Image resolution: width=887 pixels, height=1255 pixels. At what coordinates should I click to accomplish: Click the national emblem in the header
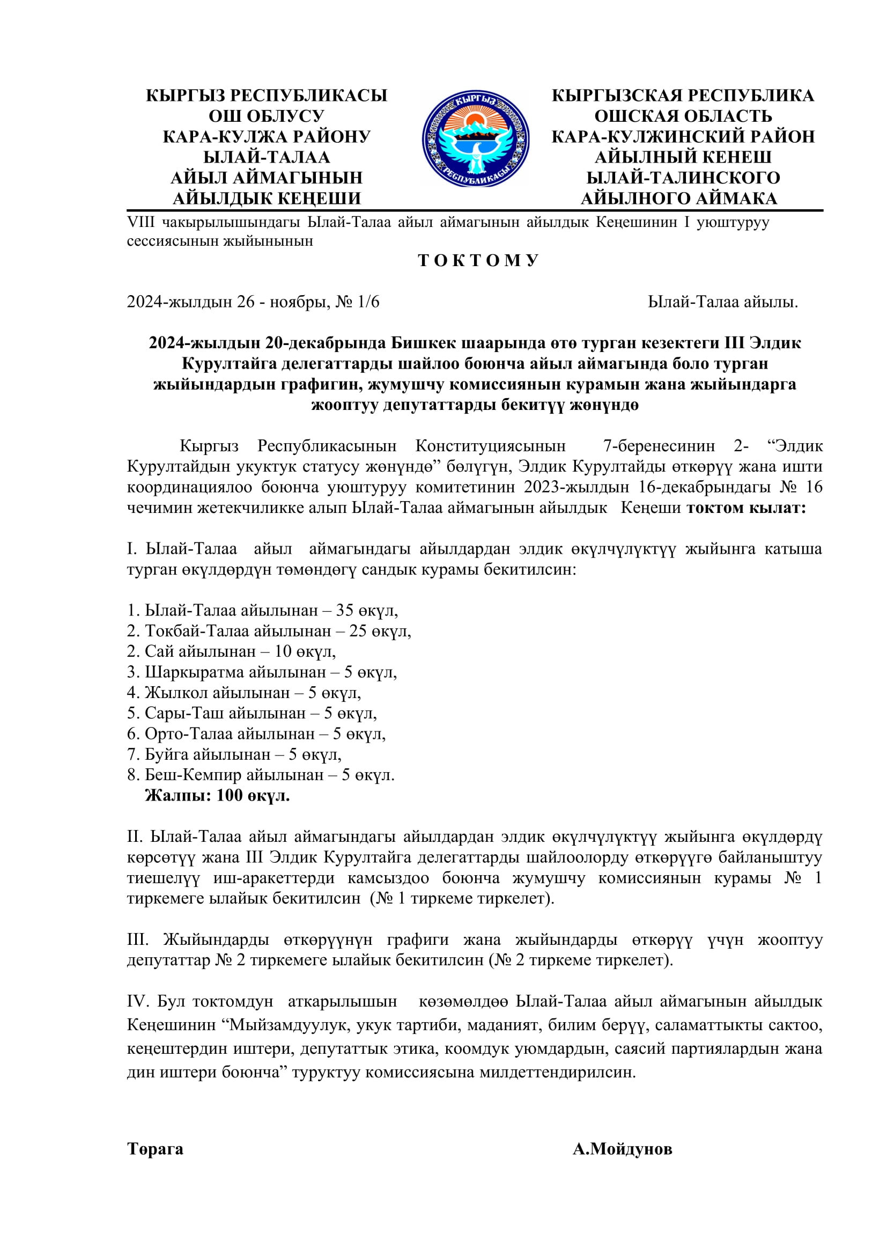coord(475,139)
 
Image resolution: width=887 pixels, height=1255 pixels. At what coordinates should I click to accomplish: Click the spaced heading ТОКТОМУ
coord(478,260)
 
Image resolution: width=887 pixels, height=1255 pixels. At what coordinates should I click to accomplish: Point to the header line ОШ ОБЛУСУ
coord(267,116)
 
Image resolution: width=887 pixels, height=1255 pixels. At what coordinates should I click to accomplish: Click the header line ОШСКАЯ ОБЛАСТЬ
coord(683,116)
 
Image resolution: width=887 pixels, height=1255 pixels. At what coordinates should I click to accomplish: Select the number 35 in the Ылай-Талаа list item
coord(345,610)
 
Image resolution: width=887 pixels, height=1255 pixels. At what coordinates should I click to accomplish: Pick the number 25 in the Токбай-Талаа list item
coord(358,631)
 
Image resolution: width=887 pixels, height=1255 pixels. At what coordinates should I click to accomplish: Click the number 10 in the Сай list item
coord(283,651)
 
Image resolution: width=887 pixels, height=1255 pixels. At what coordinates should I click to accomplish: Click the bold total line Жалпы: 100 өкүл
coord(217,795)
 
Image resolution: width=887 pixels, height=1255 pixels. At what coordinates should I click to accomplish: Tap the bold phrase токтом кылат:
coord(746,508)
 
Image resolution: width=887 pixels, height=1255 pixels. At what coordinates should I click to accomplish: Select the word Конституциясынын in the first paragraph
coord(490,446)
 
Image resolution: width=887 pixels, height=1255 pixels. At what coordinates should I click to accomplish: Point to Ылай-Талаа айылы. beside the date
coord(722,302)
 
